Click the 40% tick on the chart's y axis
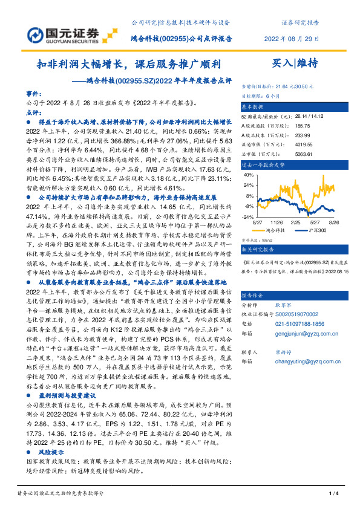[247, 175]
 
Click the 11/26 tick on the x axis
[276, 222]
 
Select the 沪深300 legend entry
[315, 230]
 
